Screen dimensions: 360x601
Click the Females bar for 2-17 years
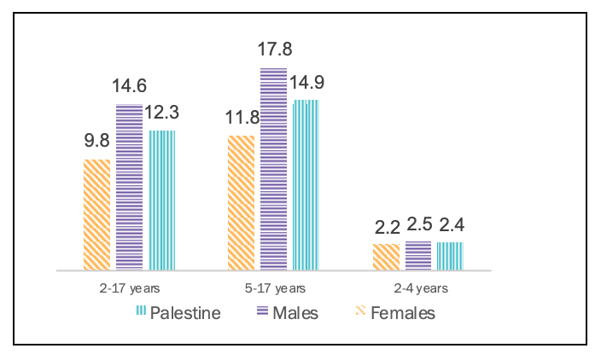[96, 214]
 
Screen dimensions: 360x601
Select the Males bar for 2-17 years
[129, 187]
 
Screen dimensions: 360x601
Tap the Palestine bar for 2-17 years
[162, 200]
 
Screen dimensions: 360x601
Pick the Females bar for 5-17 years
[241, 202]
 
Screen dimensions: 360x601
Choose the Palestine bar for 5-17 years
[306, 184]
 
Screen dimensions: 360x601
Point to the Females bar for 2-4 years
[385, 256]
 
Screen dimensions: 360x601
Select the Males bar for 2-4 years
[417, 255]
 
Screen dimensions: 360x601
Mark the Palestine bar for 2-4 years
[450, 255]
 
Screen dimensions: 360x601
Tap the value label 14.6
[129, 86]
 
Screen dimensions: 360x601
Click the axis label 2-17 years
[129, 288]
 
